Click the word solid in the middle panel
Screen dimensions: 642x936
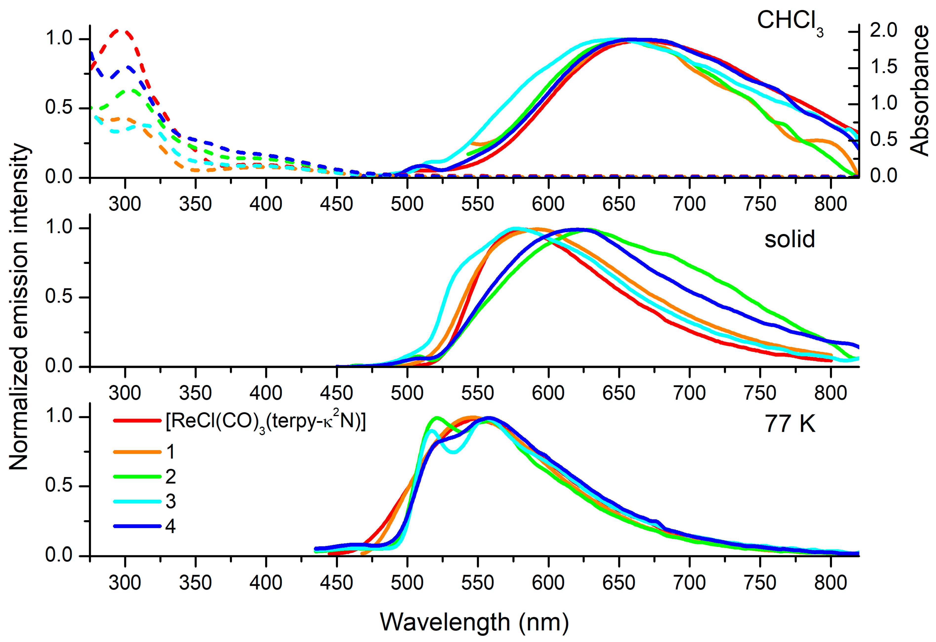click(790, 239)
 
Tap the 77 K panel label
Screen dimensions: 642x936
click(790, 424)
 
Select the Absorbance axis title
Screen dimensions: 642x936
click(919, 91)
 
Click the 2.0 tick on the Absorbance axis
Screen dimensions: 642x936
click(883, 31)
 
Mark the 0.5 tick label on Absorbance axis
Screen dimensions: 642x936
click(883, 139)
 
